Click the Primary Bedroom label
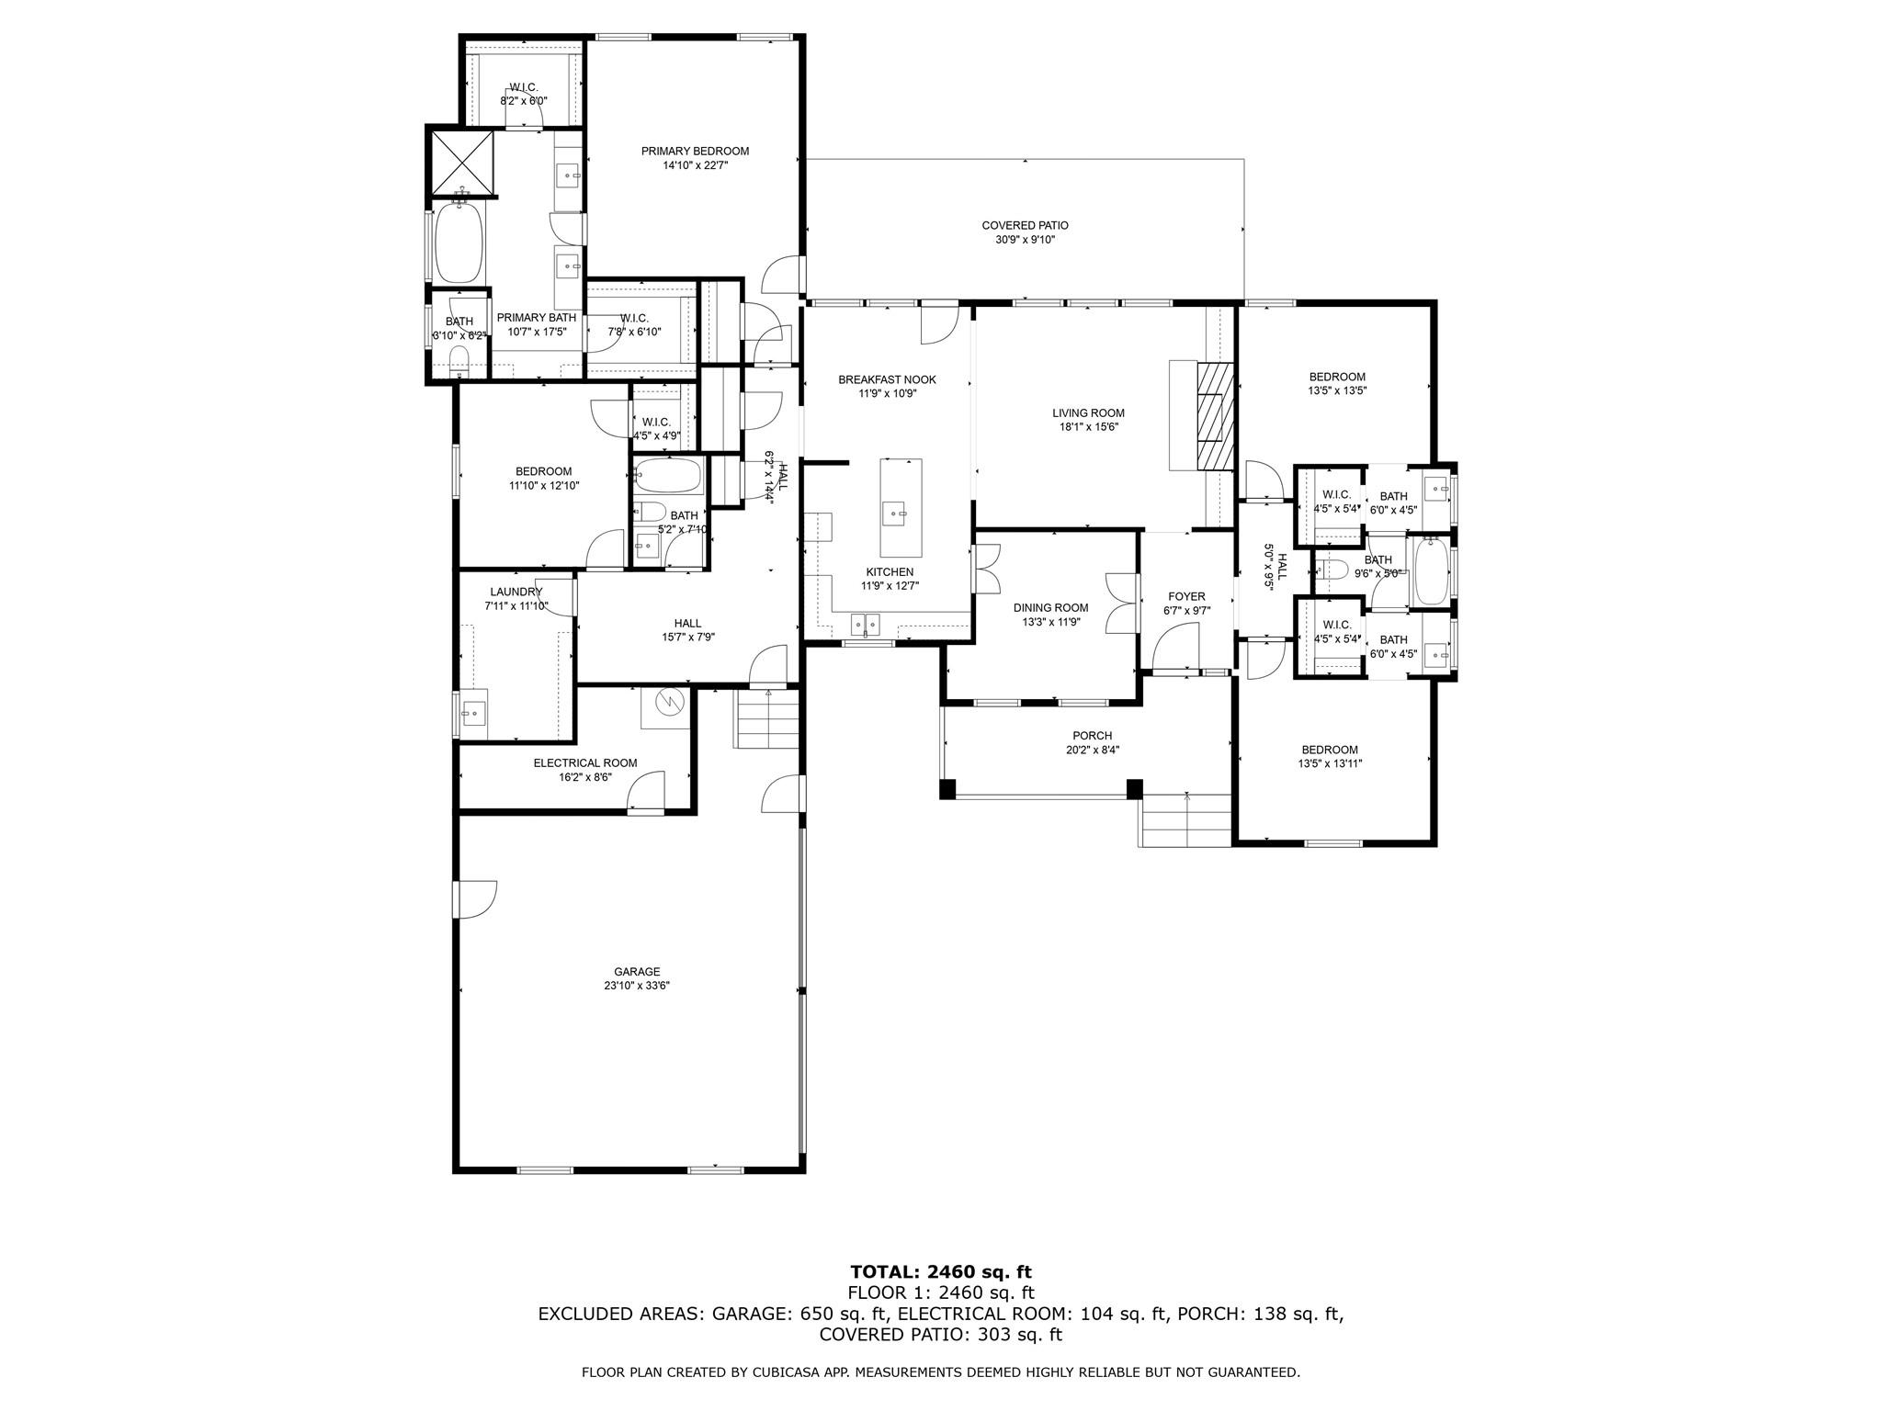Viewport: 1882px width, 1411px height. pyautogui.click(x=695, y=152)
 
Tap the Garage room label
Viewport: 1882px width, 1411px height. pyautogui.click(x=637, y=972)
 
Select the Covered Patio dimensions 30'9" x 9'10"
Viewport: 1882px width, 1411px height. pyautogui.click(x=1025, y=240)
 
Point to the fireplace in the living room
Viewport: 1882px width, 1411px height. pyautogui.click(x=1215, y=417)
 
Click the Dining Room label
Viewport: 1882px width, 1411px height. pyautogui.click(x=1050, y=607)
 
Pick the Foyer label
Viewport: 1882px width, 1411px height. pyautogui.click(x=1186, y=596)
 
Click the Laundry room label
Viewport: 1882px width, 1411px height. pyautogui.click(x=516, y=592)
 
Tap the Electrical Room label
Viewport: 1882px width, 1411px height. pyautogui.click(x=585, y=762)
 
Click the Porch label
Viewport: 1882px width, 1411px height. pyautogui.click(x=1092, y=735)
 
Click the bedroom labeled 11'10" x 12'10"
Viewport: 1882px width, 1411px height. pyautogui.click(x=543, y=478)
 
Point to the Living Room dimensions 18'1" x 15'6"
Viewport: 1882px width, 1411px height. pyautogui.click(x=1089, y=427)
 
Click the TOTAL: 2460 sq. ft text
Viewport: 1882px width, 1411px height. pyautogui.click(x=941, y=1272)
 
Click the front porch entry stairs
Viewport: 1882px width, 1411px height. pyautogui.click(x=1185, y=820)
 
